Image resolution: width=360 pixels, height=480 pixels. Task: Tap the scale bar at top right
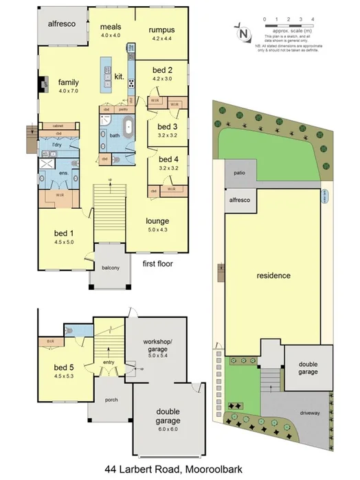(289, 25)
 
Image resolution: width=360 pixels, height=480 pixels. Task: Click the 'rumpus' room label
(161, 30)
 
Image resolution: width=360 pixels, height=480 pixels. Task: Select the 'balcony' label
(111, 269)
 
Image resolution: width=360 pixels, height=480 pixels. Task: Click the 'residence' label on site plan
(273, 275)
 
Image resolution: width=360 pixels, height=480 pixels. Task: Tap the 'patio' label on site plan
(240, 174)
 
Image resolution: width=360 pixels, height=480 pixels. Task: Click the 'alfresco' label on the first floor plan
(61, 23)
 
